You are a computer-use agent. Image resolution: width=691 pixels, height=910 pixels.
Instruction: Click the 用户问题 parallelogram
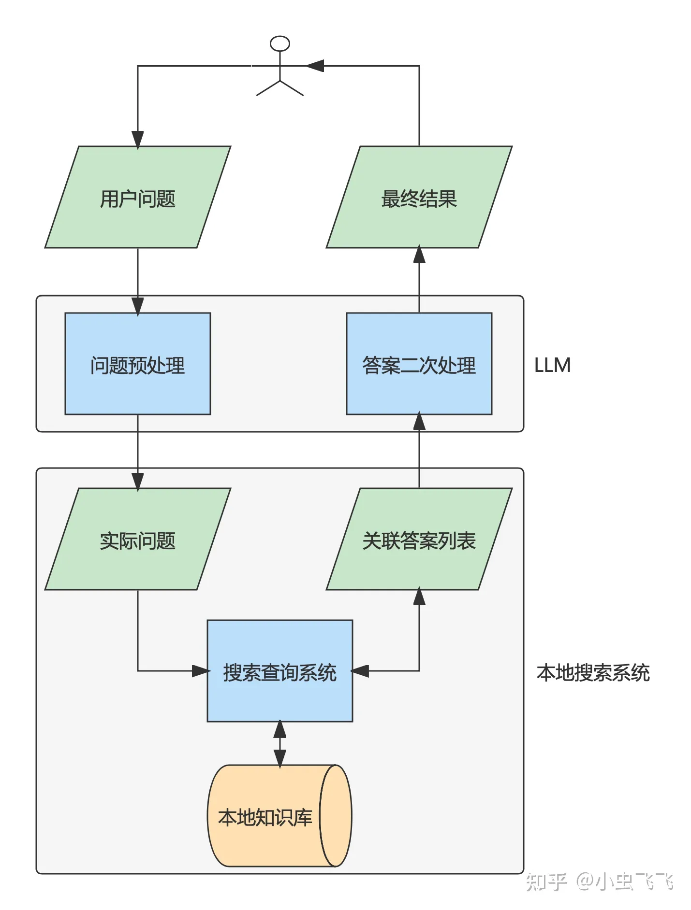(138, 197)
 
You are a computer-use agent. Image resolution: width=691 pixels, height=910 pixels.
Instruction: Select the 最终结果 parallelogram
(419, 197)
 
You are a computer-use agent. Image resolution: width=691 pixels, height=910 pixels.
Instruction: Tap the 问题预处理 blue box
(138, 364)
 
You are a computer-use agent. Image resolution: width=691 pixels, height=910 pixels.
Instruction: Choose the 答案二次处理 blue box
(419, 364)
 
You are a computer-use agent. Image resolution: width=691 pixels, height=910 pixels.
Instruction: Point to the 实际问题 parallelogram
(138, 539)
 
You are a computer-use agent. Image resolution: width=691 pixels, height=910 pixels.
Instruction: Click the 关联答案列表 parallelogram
(419, 539)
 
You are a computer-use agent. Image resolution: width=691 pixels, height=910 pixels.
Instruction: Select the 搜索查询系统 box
(280, 671)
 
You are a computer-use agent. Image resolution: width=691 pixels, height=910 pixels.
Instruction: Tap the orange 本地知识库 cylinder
(280, 816)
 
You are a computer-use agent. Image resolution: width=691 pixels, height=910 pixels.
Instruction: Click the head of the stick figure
(280, 43)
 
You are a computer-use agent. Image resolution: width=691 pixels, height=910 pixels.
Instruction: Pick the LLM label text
(552, 365)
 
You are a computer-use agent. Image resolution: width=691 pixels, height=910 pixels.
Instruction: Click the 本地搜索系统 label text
(593, 672)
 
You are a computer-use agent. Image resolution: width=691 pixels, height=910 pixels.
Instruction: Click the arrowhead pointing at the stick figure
(315, 66)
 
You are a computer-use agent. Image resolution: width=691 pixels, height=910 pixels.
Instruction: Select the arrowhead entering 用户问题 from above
(138, 140)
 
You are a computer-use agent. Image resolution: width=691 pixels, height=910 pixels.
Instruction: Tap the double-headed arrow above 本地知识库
(280, 744)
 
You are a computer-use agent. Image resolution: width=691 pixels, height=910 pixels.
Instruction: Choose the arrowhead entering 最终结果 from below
(419, 255)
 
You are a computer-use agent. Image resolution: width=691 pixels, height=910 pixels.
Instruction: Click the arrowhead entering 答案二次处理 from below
(419, 421)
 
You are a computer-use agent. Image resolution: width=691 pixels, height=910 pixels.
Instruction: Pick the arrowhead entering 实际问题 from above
(138, 482)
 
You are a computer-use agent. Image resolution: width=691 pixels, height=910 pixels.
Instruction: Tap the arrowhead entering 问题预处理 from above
(138, 306)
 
